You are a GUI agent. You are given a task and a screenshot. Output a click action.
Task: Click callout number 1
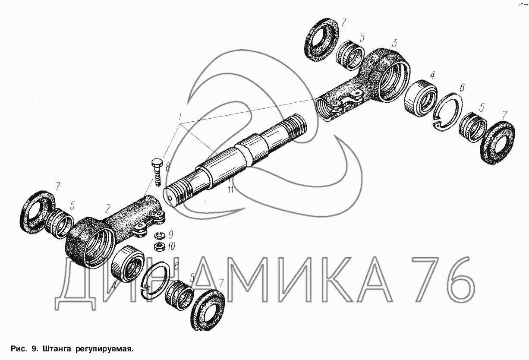[180, 116]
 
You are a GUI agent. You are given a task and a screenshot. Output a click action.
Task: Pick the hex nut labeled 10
[159, 247]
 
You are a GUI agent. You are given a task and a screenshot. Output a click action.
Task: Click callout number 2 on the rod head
[108, 208]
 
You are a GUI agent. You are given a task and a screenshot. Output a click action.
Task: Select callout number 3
[394, 43]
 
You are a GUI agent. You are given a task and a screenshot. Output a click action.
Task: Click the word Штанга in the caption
[57, 349]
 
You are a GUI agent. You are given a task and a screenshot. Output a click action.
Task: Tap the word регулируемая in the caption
[104, 349]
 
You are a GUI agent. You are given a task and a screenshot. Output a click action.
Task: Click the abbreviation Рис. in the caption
[19, 349]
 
